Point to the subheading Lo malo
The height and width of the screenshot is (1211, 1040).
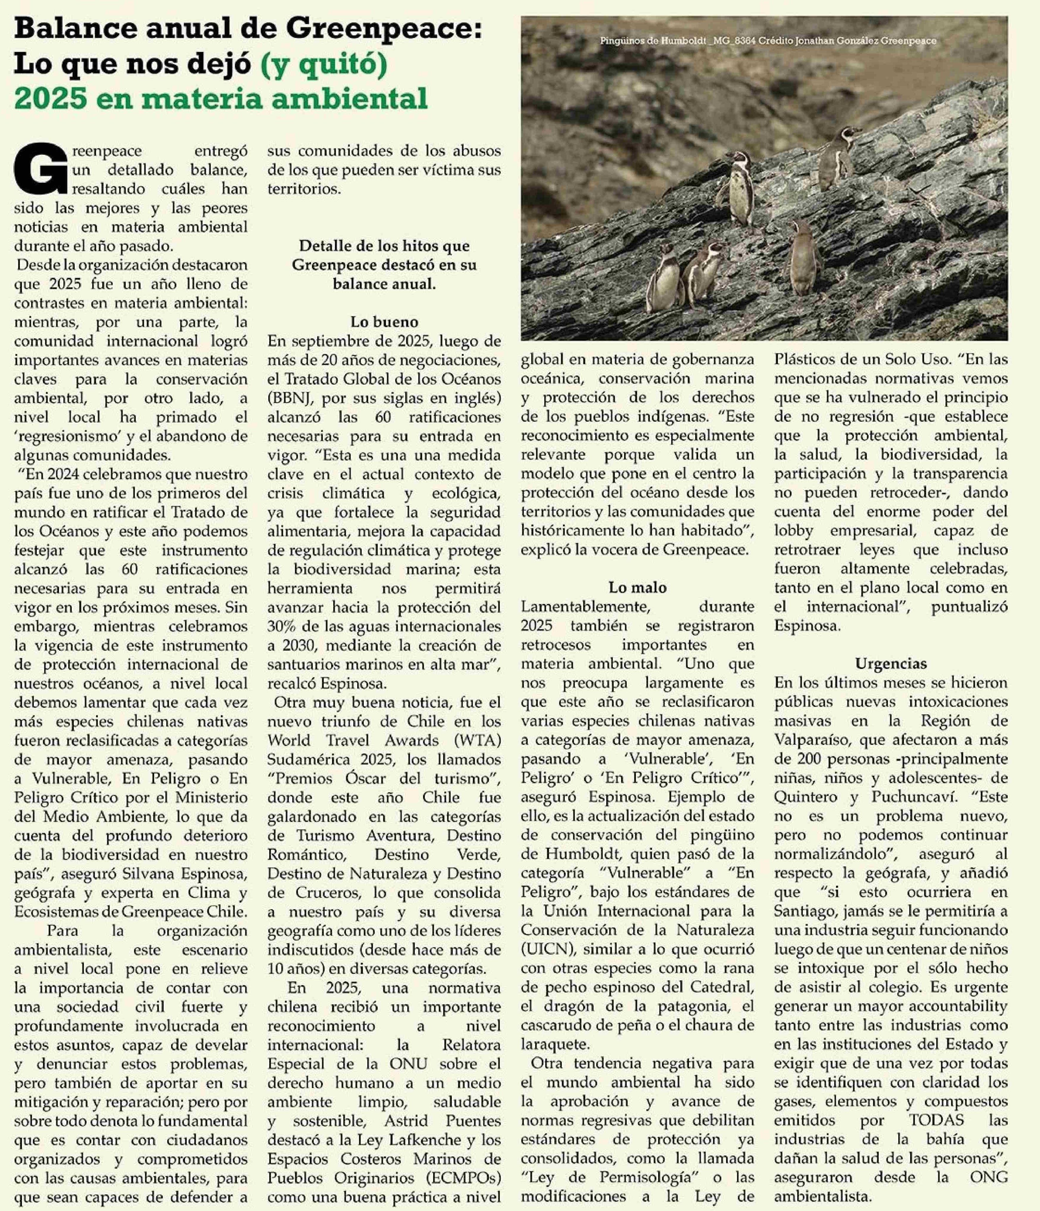pyautogui.click(x=637, y=587)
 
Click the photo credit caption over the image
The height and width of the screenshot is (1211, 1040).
pyautogui.click(x=768, y=41)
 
